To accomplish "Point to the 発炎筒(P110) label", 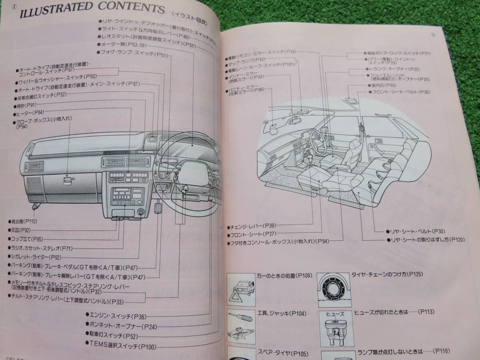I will [24, 221].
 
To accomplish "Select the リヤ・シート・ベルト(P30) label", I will [410, 231].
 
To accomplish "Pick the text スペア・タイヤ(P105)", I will [276, 353].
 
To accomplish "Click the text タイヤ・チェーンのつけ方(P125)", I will [387, 274].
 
